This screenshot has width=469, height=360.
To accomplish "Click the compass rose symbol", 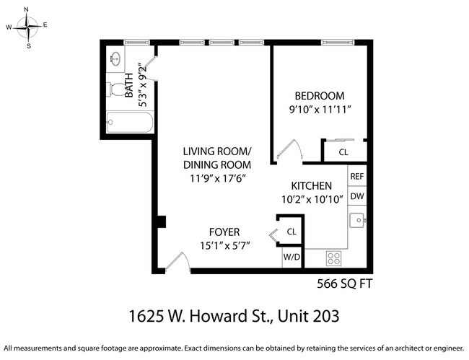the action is pyautogui.click(x=28, y=27).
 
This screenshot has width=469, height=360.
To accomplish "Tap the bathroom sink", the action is pyautogui.click(x=115, y=58).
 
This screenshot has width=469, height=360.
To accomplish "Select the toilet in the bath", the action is pyautogui.click(x=116, y=89).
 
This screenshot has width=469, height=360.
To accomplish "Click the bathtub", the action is pyautogui.click(x=130, y=123).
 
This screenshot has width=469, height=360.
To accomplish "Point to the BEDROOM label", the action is pyautogui.click(x=320, y=96).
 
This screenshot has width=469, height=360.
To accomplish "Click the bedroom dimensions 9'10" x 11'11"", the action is pyautogui.click(x=320, y=110).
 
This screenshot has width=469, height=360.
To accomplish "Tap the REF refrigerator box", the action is pyautogui.click(x=357, y=176).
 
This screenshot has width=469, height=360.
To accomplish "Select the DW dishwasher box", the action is pyautogui.click(x=357, y=196).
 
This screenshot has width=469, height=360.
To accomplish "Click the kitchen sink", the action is pyautogui.click(x=357, y=220).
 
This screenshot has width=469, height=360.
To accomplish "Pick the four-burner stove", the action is pyautogui.click(x=334, y=258).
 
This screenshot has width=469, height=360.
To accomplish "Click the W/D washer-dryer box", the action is pyautogui.click(x=292, y=257).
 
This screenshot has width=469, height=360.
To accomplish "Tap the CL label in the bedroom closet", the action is pyautogui.click(x=343, y=152).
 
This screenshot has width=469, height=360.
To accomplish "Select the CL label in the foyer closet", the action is pyautogui.click(x=292, y=232).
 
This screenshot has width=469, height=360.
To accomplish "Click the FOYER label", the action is pyautogui.click(x=224, y=232).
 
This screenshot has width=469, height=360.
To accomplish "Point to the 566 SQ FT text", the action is pyautogui.click(x=345, y=284).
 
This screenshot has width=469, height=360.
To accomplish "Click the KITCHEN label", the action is pyautogui.click(x=312, y=186).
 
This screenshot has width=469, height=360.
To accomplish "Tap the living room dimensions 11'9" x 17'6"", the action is pyautogui.click(x=218, y=178).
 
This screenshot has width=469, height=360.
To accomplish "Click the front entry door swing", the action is pyautogui.click(x=177, y=261).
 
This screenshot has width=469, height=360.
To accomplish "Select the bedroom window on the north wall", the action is pyautogui.click(x=338, y=43).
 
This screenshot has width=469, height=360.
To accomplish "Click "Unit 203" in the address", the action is pyautogui.click(x=308, y=316).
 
